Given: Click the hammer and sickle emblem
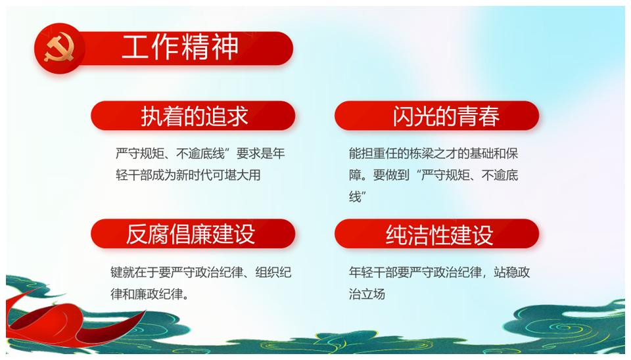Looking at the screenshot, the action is (59, 48).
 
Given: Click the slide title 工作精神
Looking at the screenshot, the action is (180, 47).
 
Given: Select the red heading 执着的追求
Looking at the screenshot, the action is (195, 116).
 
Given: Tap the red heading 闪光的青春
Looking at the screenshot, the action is (446, 116).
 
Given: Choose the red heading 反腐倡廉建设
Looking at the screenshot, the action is (191, 234).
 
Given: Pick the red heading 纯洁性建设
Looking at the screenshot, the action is (440, 235).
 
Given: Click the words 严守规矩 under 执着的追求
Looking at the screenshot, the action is (139, 153).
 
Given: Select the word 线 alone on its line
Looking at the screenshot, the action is (355, 196).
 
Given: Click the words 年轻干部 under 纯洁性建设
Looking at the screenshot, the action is (373, 273).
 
